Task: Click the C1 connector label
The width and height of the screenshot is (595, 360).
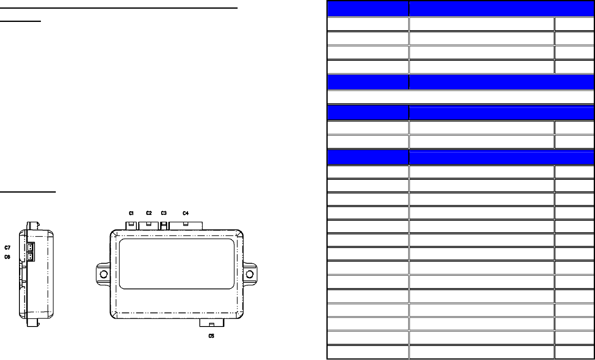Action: click(x=131, y=213)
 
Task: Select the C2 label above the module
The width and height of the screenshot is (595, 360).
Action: click(x=149, y=213)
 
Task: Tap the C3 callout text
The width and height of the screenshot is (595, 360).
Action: click(x=164, y=213)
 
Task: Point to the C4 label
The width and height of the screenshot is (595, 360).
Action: click(x=186, y=213)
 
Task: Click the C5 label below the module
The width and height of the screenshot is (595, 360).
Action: click(x=211, y=336)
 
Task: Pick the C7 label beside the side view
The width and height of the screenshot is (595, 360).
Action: click(x=7, y=248)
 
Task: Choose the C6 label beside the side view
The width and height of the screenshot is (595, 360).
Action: click(x=7, y=257)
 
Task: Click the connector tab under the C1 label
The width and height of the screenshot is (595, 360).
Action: click(x=131, y=226)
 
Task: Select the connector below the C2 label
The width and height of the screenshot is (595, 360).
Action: click(x=148, y=226)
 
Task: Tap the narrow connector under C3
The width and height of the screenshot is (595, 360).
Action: click(x=164, y=226)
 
